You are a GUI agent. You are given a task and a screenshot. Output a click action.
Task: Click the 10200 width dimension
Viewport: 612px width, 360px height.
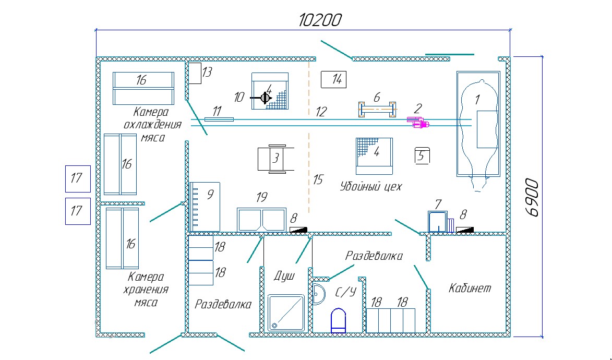click(320, 20)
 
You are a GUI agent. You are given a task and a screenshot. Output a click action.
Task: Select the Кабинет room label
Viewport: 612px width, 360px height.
click(470, 288)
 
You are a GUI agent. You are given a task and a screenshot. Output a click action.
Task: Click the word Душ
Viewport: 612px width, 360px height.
click(285, 275)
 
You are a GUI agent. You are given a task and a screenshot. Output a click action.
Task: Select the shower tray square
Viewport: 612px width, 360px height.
click(286, 312)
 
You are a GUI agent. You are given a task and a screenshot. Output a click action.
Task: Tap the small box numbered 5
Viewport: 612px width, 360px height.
click(422, 155)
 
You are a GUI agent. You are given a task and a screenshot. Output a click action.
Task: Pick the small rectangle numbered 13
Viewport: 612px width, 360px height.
click(194, 73)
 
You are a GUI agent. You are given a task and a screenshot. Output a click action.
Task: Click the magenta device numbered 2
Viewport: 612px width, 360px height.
click(419, 123)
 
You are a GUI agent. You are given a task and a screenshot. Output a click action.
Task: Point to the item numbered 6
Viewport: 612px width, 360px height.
click(377, 110)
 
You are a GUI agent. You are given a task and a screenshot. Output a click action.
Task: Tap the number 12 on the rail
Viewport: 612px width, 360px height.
click(321, 112)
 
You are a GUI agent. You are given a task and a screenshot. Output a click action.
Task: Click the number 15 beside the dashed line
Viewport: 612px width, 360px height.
click(318, 180)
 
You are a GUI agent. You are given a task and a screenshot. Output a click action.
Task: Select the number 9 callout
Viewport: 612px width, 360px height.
click(210, 194)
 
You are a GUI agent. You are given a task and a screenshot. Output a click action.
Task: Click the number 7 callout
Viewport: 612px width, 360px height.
click(438, 203)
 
